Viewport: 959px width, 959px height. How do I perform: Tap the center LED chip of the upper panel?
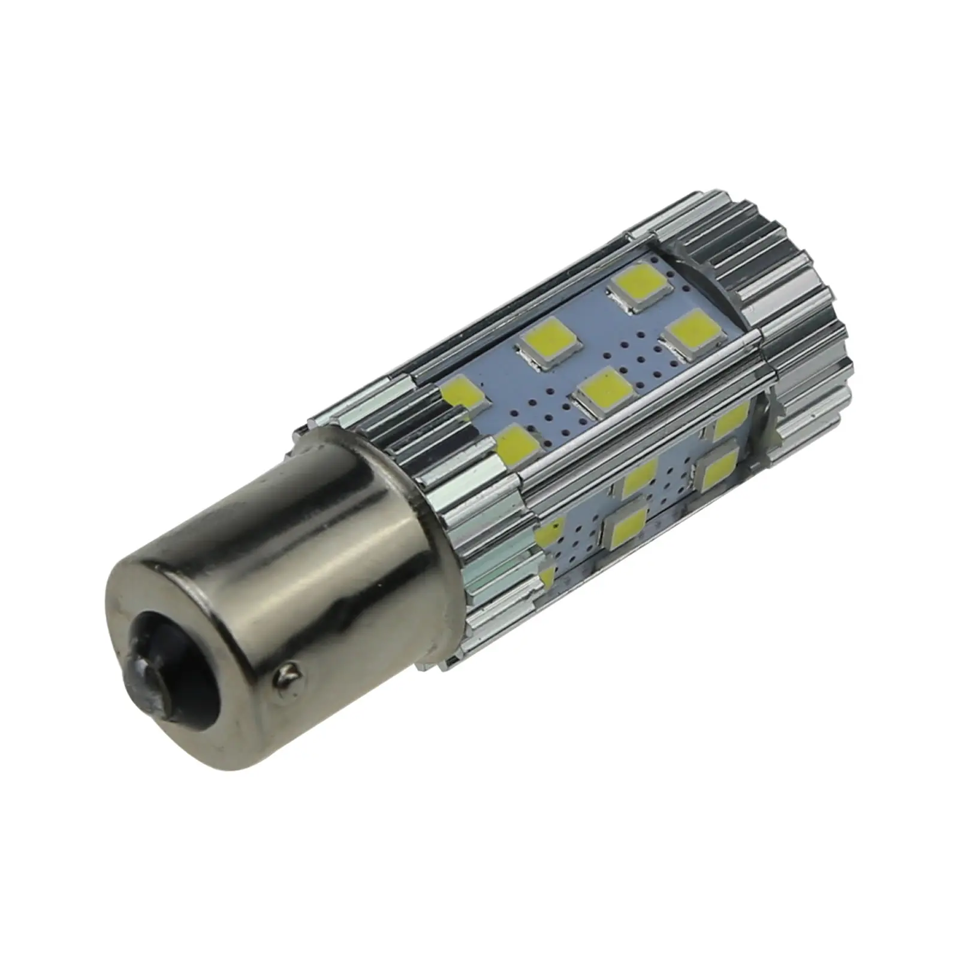[x=604, y=391]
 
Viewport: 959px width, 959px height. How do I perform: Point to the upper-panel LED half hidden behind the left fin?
[x=466, y=394]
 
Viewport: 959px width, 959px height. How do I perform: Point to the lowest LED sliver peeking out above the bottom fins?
[x=547, y=578]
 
